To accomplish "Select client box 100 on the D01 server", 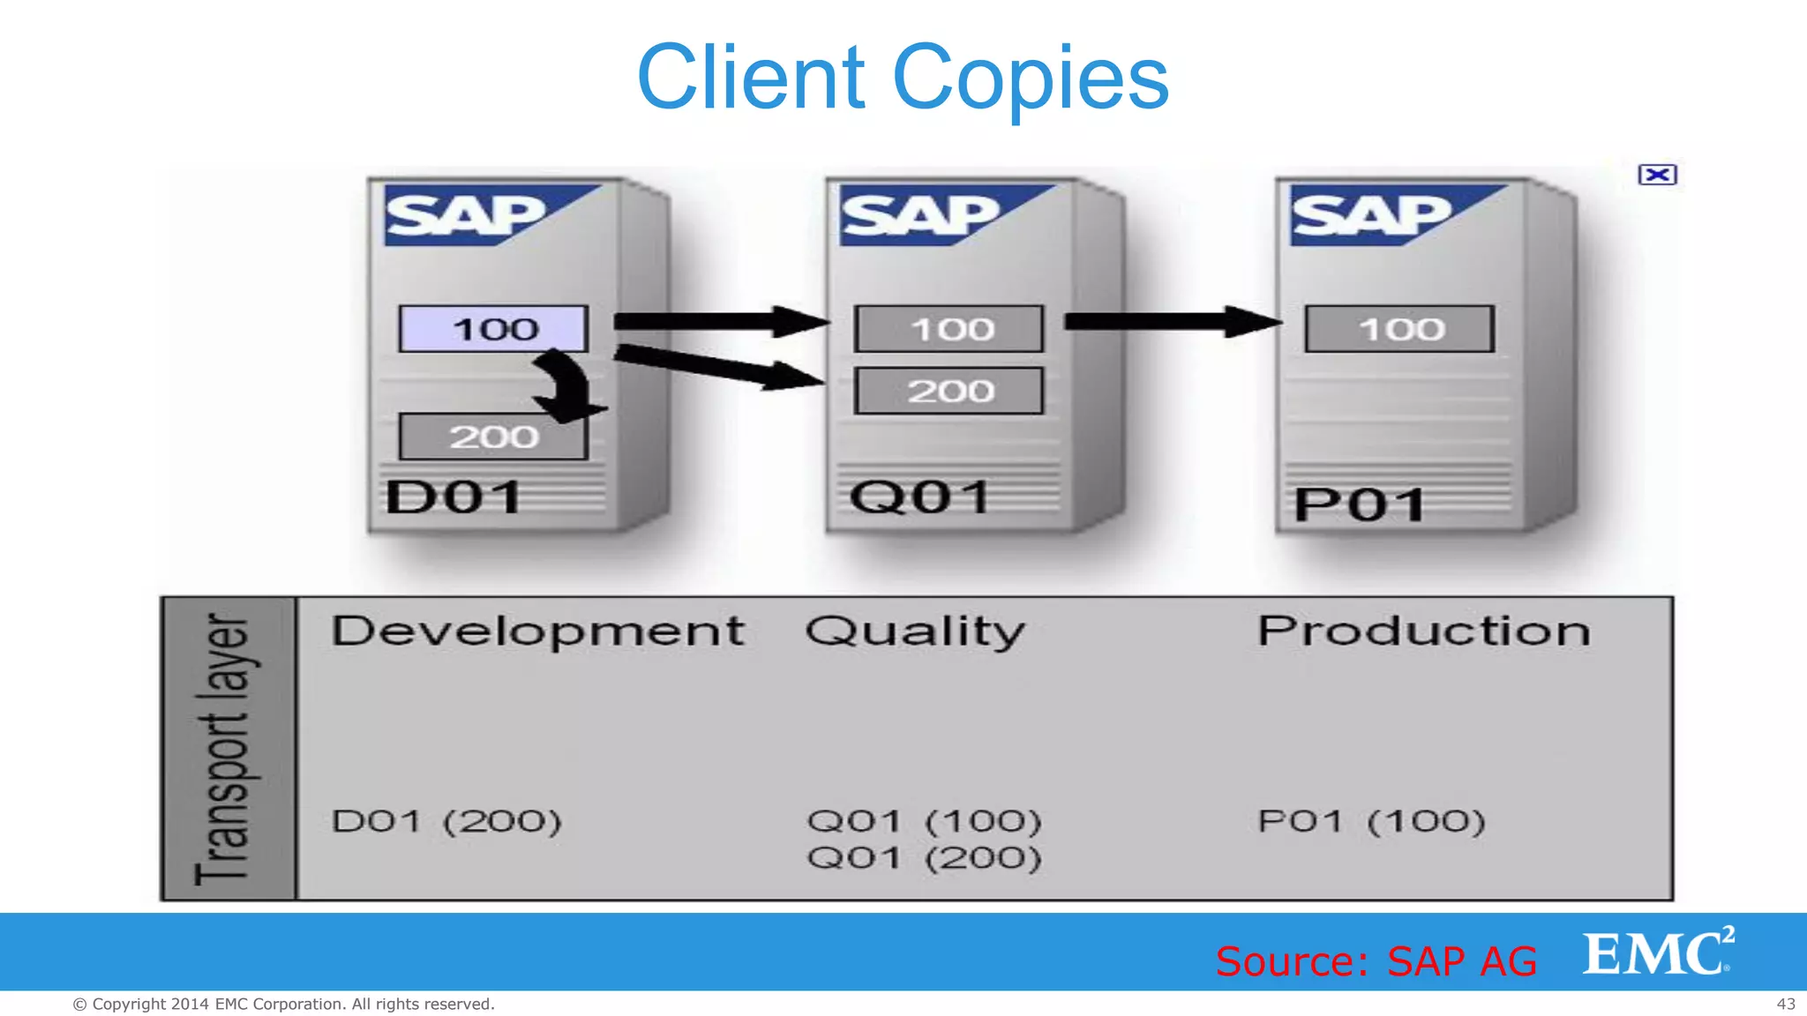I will [x=493, y=329].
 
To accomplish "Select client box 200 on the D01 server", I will [x=492, y=437].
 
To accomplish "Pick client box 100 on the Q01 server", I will [x=949, y=329].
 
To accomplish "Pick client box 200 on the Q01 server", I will [x=949, y=391].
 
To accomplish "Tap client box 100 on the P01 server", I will [x=1400, y=329].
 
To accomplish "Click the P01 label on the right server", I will [x=1359, y=505].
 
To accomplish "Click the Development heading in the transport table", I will [x=538, y=631].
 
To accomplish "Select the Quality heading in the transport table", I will [x=915, y=631].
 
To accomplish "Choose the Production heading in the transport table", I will [x=1424, y=631].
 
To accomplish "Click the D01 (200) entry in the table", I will [x=446, y=822].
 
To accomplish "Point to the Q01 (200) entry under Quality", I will [x=924, y=858].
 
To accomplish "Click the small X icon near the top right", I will [x=1657, y=175].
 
